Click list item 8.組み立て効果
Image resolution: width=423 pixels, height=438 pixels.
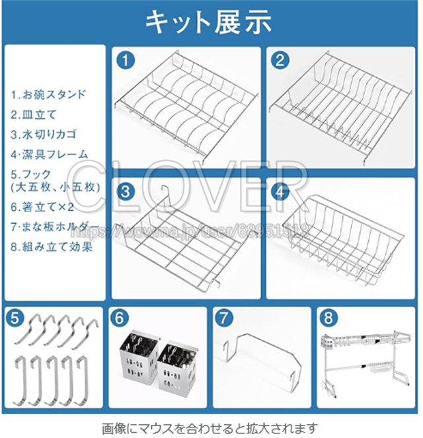tap(50, 248)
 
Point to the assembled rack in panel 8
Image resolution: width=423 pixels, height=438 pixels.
tap(365, 364)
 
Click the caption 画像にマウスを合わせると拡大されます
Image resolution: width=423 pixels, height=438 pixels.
tap(210, 427)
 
